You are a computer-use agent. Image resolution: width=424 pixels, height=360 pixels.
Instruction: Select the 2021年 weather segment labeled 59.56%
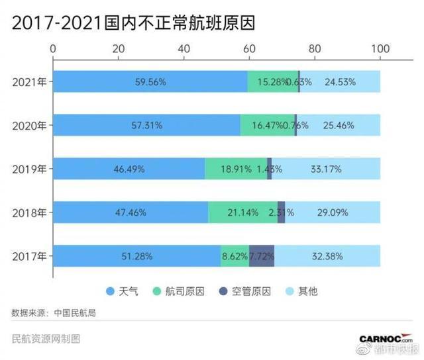(150, 82)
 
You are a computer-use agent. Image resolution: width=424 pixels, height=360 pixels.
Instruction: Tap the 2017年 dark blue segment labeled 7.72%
(262, 256)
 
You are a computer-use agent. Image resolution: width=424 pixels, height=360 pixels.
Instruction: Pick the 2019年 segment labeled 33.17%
(326, 169)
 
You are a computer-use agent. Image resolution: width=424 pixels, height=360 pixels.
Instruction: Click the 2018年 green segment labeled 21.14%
(242, 212)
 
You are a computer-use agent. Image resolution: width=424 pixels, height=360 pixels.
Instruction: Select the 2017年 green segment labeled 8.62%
(235, 256)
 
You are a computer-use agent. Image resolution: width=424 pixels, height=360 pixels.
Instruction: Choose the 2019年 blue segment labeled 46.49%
(129, 169)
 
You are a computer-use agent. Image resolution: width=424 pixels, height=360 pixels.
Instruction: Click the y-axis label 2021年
(28, 82)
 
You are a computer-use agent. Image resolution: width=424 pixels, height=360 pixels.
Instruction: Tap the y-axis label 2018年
(28, 212)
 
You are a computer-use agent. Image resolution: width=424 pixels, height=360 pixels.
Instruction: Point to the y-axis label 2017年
(28, 256)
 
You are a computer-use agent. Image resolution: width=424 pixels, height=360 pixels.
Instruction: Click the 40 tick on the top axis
(184, 49)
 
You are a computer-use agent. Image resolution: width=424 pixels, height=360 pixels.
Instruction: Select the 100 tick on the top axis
(380, 49)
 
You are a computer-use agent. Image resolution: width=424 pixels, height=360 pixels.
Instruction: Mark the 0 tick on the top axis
(54, 49)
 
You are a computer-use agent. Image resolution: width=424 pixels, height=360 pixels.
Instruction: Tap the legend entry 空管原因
(252, 292)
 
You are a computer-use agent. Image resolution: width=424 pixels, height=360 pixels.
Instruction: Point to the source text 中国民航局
(75, 312)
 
